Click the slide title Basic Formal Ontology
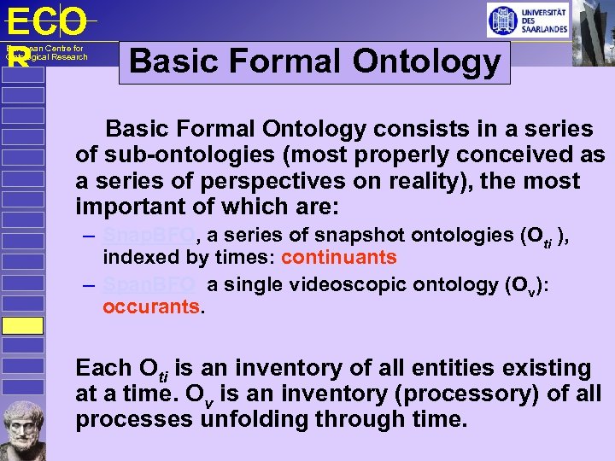314,61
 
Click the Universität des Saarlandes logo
527,20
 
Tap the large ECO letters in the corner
46,22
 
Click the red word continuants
338,257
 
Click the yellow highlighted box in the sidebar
21,325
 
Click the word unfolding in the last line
263,420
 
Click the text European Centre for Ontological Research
46,53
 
